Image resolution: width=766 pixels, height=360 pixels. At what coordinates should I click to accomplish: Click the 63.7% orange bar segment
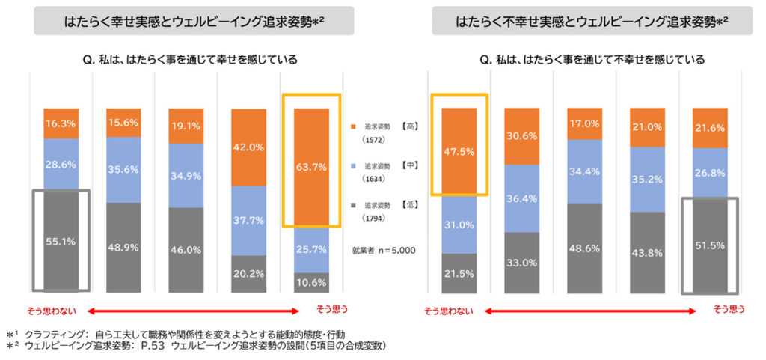coord(311,168)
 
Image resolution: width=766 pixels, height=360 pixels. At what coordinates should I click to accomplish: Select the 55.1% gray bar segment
coord(61,241)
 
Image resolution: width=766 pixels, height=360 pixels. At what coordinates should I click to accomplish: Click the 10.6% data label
coord(311,282)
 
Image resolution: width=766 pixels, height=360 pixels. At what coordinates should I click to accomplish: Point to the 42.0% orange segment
coord(248,147)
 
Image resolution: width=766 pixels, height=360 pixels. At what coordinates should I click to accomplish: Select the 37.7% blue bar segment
coord(248,220)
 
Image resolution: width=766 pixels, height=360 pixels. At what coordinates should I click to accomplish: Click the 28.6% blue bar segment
coord(61,163)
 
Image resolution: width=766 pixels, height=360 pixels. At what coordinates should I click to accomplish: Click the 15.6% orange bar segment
coord(123,123)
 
